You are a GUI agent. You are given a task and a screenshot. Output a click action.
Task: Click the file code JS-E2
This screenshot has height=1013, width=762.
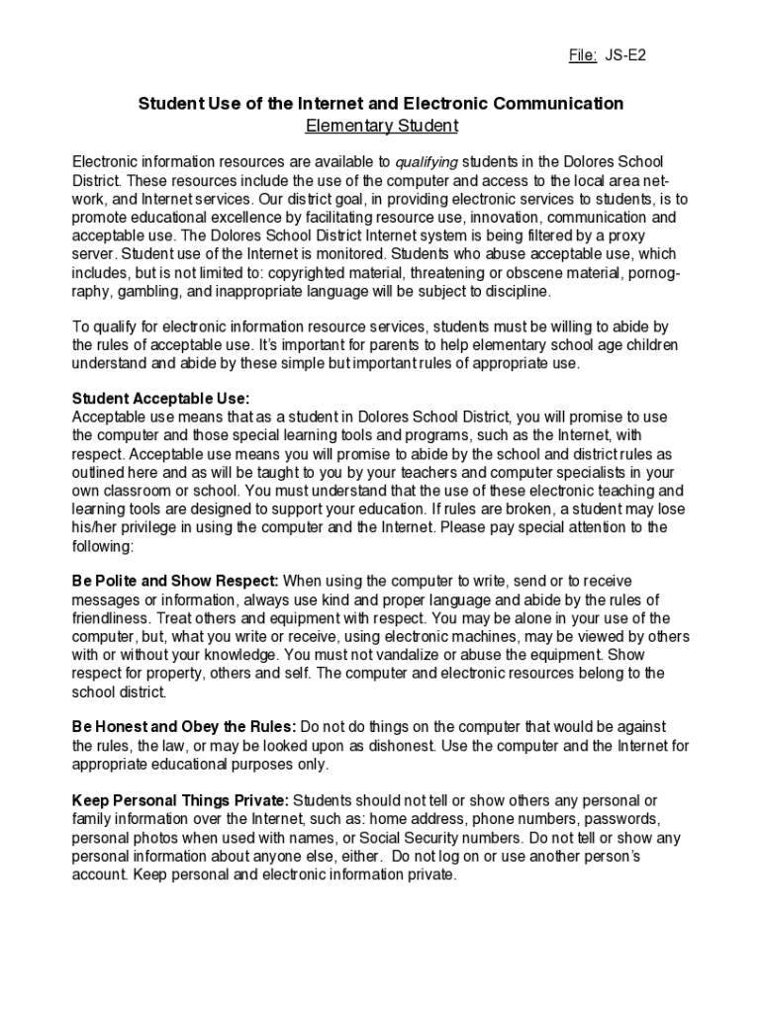coord(626,55)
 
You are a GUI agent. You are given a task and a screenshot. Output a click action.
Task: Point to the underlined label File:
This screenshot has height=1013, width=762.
coord(583,55)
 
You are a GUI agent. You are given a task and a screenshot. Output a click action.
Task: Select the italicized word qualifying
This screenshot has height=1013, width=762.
coord(427,162)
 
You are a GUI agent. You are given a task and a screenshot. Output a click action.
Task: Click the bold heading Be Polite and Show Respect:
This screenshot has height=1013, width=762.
coord(175,581)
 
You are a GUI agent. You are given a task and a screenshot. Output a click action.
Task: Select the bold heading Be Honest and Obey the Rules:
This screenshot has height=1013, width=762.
coord(183,727)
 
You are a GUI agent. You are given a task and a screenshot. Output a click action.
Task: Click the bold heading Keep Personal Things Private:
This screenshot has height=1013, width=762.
coord(181,800)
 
